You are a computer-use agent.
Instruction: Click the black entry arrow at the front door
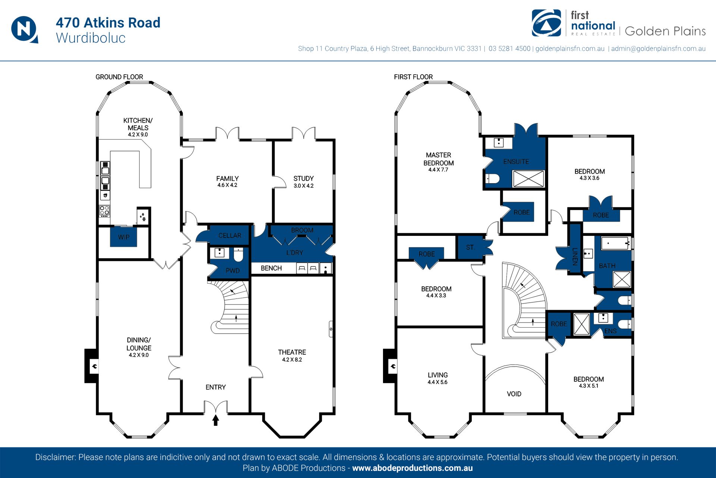(x=216, y=420)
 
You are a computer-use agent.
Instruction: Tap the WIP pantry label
(x=124, y=237)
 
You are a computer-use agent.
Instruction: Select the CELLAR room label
(x=230, y=235)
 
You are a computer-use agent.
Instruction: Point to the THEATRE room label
(x=292, y=352)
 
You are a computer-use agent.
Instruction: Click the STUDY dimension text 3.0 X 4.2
(x=304, y=186)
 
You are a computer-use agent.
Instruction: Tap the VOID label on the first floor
(x=514, y=394)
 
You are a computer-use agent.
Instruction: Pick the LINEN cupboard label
(x=575, y=256)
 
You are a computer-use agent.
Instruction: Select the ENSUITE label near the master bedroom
(x=516, y=162)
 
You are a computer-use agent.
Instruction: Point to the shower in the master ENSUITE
(x=528, y=179)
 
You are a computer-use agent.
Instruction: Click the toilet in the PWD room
(x=238, y=255)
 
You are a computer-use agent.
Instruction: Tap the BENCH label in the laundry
(x=271, y=268)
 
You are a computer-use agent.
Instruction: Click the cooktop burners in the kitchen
(x=105, y=211)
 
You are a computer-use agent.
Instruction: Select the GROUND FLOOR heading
(x=119, y=77)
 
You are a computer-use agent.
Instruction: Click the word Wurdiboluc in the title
(x=91, y=38)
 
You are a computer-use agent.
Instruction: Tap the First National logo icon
(x=546, y=23)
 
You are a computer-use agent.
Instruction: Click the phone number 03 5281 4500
(x=509, y=49)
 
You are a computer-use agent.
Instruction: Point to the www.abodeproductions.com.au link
(x=412, y=468)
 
